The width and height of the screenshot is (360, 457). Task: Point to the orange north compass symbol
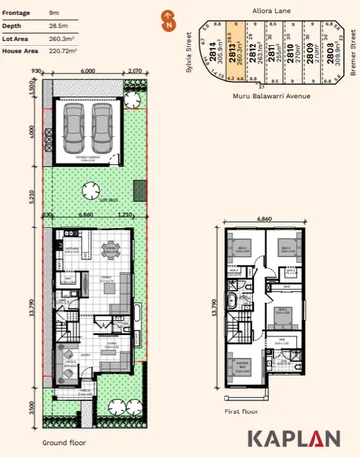[x=169, y=17]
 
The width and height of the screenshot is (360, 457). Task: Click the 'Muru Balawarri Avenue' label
[x=265, y=96]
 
